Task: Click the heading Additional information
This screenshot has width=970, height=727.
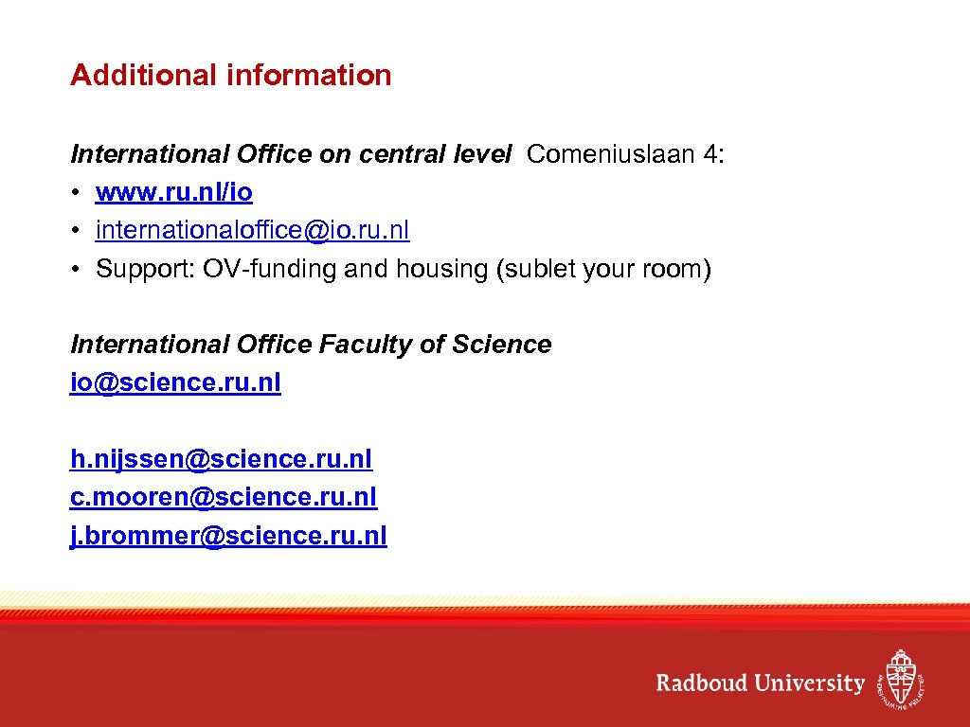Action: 230,75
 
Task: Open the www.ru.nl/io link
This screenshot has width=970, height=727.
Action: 174,192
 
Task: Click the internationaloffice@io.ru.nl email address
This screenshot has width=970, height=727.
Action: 253,230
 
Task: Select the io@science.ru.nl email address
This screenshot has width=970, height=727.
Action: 175,382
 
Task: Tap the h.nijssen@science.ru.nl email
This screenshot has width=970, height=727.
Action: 221,459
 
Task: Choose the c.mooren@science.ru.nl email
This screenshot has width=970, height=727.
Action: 224,497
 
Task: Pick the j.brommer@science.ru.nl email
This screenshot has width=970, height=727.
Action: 228,535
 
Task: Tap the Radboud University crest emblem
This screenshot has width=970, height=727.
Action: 899,678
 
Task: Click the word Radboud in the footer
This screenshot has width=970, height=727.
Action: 702,683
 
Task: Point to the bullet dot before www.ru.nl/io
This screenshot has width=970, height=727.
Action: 76,193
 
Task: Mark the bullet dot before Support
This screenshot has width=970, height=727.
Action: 76,270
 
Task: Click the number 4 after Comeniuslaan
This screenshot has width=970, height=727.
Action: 711,154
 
